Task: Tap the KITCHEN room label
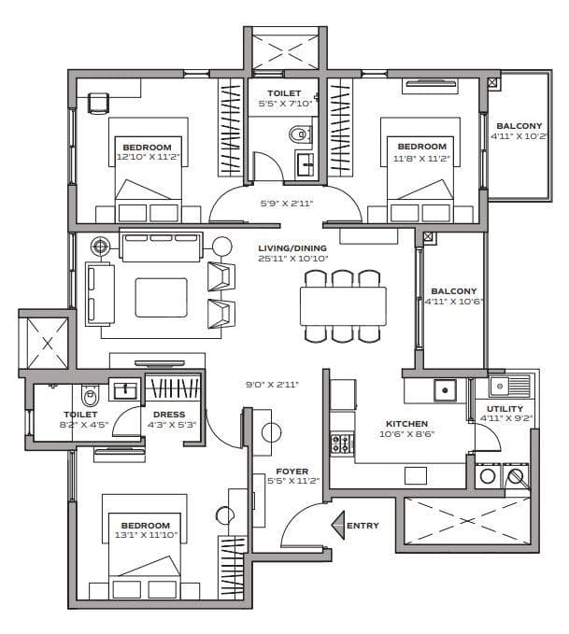click(x=405, y=423)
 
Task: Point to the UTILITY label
click(x=505, y=408)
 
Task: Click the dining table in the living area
click(x=343, y=304)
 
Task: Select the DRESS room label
click(x=169, y=415)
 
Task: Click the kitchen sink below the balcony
click(x=448, y=389)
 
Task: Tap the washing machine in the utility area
click(x=488, y=477)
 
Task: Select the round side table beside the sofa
click(x=222, y=247)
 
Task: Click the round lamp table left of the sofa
click(x=101, y=247)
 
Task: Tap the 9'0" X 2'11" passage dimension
click(x=272, y=383)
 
